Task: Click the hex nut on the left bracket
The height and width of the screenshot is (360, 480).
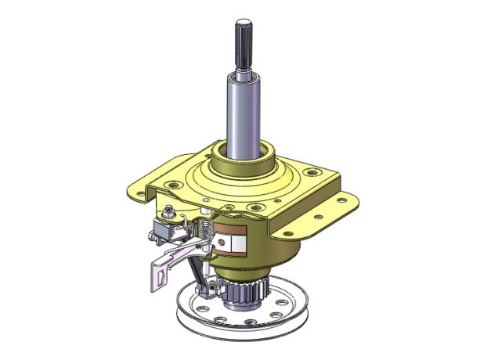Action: [x=168, y=211]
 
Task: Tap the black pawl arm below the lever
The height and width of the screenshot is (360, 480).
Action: [x=193, y=270]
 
